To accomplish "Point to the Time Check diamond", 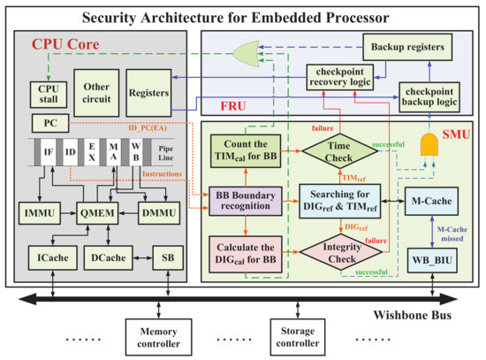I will coord(339,149).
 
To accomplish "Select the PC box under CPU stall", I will coord(45,121).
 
